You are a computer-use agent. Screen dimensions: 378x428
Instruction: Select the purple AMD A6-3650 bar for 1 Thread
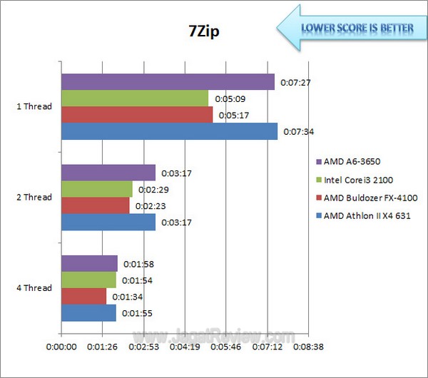point(168,81)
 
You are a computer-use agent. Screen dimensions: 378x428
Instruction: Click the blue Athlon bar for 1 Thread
point(169,131)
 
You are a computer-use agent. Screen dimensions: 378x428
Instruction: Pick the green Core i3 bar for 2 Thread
point(97,189)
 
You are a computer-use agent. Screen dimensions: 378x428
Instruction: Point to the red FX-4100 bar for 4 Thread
point(83,296)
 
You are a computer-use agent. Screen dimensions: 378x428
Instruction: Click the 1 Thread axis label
point(34,107)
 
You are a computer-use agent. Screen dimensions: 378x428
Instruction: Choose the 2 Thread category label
point(34,198)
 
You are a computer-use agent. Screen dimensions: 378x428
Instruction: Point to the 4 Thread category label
point(34,288)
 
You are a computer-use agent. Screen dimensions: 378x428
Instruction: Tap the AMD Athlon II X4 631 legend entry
point(363,215)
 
